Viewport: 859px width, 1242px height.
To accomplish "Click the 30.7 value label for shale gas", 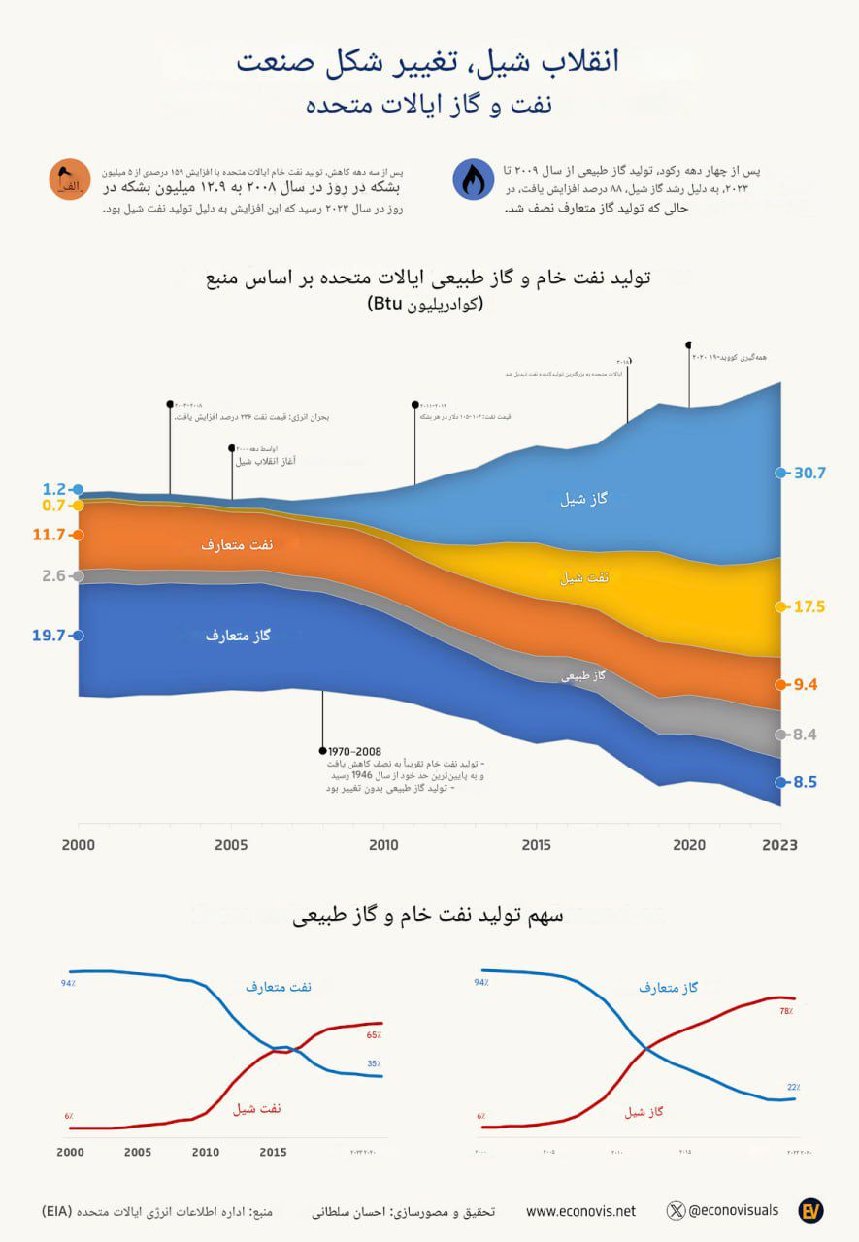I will tap(809, 474).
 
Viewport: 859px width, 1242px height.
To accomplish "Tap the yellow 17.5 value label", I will tap(809, 607).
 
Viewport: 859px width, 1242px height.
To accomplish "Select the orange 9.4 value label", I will tap(806, 684).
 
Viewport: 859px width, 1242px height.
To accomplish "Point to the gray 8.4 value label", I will tap(806, 735).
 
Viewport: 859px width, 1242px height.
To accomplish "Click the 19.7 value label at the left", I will tap(48, 636).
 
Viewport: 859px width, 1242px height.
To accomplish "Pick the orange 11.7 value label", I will tap(48, 534).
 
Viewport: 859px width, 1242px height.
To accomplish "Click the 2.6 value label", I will tap(53, 575).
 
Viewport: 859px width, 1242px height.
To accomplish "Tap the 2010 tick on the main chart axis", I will tap(384, 844).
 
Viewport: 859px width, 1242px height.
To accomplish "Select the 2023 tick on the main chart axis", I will tap(780, 844).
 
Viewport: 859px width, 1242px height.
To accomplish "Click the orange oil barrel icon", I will tap(70, 180).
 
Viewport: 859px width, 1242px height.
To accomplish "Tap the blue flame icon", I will tap(474, 180).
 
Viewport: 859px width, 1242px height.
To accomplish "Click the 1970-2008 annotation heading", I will tap(354, 751).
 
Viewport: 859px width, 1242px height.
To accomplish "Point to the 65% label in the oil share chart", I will tap(374, 1035).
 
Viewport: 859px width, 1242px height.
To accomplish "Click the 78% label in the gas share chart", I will tap(786, 1011).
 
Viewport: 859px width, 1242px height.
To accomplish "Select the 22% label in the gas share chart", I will tap(793, 1087).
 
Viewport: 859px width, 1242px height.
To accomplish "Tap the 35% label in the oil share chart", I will tap(374, 1063).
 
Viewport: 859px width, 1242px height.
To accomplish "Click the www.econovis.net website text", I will tap(580, 1210).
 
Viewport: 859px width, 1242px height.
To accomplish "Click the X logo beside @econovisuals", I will tap(677, 1210).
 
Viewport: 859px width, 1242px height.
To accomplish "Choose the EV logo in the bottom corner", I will tap(810, 1210).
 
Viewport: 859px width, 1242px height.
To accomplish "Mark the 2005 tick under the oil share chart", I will tap(138, 1153).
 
